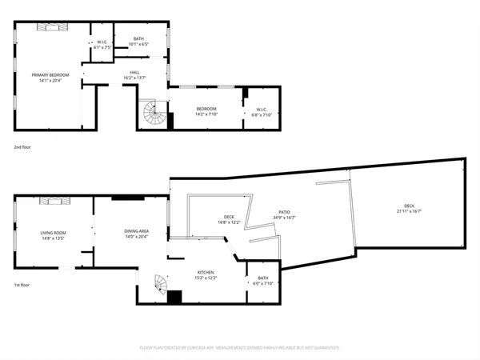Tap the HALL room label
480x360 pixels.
point(136,75)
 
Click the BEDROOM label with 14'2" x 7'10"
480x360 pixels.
point(206,112)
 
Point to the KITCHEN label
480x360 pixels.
point(206,275)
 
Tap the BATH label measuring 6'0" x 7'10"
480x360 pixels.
point(263,281)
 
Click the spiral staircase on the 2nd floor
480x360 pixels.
point(154,115)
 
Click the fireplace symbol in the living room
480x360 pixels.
point(56,200)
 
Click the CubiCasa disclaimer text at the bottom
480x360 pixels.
point(239,348)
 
